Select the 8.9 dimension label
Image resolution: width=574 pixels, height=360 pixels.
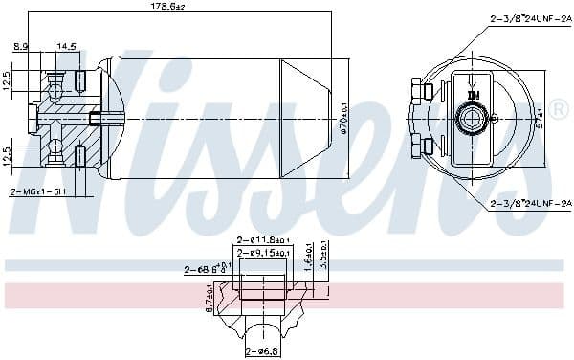coord(20,46)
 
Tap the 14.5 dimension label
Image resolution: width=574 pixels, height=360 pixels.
coord(67,46)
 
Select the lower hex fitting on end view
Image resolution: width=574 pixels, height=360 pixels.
coord(419,146)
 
